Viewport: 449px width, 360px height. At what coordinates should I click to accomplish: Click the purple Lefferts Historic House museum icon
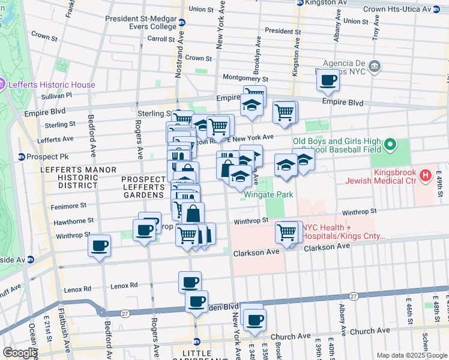[3, 85]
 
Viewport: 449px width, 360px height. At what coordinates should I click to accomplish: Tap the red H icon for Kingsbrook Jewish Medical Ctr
[426, 175]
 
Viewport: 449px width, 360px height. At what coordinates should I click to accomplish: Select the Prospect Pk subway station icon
[22, 157]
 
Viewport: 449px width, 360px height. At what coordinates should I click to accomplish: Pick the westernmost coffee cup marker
[100, 245]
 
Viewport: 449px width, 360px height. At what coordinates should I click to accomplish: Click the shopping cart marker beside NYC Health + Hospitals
[287, 231]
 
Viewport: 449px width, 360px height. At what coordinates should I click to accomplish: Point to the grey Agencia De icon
[375, 65]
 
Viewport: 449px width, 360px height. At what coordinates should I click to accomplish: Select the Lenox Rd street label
[124, 286]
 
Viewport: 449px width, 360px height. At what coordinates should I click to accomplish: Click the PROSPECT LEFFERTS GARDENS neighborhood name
[143, 187]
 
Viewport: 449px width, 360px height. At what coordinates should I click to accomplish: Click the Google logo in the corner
[19, 353]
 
